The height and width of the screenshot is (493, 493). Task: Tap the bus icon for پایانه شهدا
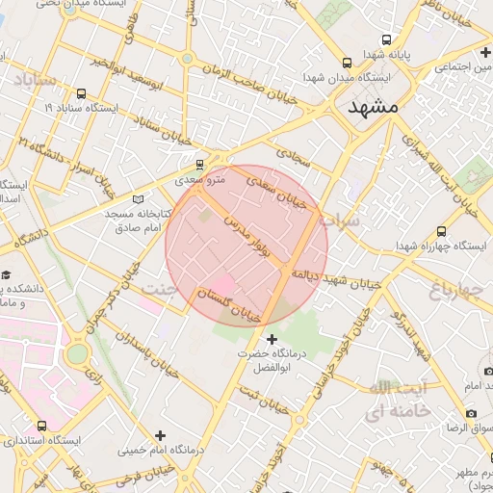pyautogui.click(x=386, y=40)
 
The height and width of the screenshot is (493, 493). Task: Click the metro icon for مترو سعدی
pyautogui.click(x=199, y=164)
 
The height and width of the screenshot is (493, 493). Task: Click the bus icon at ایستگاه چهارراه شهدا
pyautogui.click(x=441, y=232)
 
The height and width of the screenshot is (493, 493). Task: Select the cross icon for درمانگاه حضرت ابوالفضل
pyautogui.click(x=272, y=338)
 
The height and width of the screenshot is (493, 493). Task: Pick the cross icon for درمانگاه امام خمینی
pyautogui.click(x=161, y=435)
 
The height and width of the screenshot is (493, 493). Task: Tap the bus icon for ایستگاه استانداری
pyautogui.click(x=40, y=425)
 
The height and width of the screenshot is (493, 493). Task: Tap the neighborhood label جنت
pyautogui.click(x=160, y=288)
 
